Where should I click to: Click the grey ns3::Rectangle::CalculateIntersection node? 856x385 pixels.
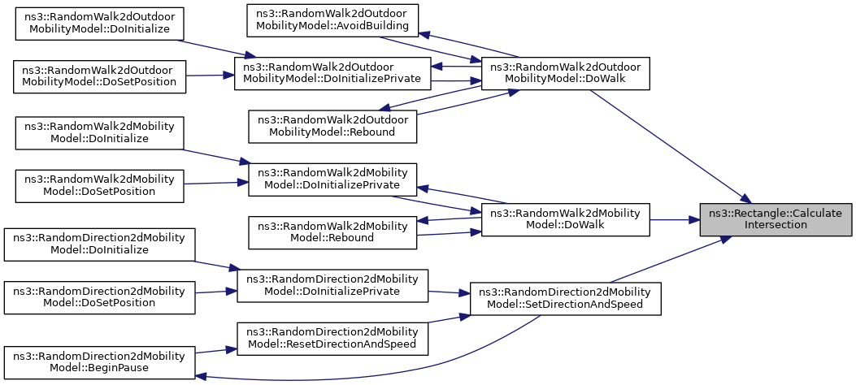[776, 220]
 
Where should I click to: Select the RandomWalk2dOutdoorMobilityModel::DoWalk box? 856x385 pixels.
[565, 73]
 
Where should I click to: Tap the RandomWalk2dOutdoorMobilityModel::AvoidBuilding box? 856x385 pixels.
[332, 21]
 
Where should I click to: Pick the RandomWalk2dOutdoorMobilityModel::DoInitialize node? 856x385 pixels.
[99, 24]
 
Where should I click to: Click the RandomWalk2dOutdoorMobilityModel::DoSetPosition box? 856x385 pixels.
[99, 76]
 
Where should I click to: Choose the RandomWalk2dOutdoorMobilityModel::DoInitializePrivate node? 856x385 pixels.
[332, 73]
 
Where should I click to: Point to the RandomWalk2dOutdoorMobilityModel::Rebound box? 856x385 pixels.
[332, 127]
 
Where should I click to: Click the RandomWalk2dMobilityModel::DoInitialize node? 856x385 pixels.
[99, 133]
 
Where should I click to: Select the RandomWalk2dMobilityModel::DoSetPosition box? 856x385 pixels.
[99, 186]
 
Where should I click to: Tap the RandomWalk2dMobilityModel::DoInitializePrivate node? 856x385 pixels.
[332, 180]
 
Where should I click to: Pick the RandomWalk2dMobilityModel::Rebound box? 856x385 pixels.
[332, 232]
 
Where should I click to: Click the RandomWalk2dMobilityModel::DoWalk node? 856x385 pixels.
[565, 220]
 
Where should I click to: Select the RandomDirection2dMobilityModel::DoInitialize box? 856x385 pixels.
[99, 244]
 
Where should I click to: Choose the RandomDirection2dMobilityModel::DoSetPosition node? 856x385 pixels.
[99, 297]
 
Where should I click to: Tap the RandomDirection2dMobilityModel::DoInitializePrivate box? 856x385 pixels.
[332, 285]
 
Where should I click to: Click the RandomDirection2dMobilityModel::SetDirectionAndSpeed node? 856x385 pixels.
[565, 298]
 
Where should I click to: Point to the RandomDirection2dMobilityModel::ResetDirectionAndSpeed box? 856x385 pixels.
[332, 339]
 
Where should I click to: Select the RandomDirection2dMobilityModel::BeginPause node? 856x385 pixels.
[99, 362]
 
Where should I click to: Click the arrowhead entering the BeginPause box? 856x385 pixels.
[199, 376]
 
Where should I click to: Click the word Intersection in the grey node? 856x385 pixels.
[776, 225]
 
